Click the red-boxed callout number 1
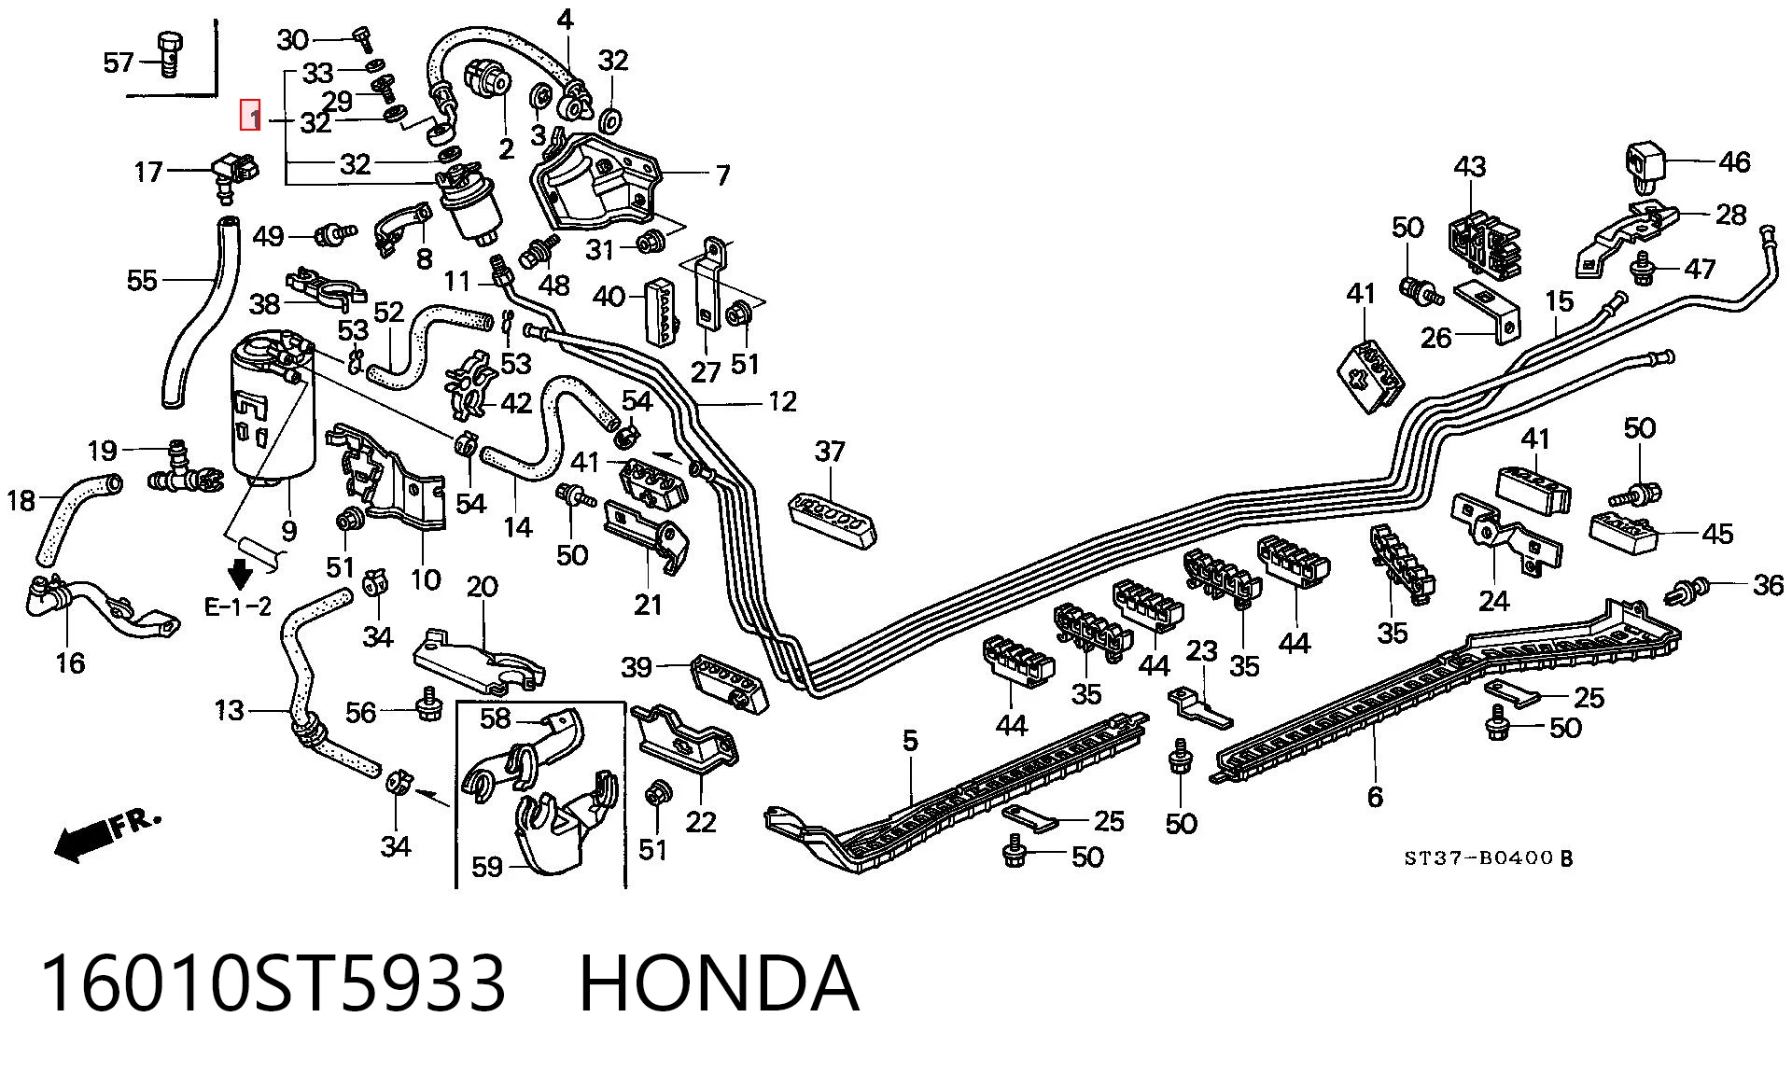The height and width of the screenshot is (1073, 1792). click(x=250, y=115)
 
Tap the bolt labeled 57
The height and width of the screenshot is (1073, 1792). click(x=170, y=55)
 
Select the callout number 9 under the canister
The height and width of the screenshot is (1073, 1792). click(x=289, y=531)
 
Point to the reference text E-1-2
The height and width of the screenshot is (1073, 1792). click(x=238, y=606)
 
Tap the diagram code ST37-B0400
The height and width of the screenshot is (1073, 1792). click(x=1480, y=858)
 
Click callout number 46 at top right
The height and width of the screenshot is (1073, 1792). click(x=1734, y=161)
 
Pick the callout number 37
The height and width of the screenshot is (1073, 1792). click(x=830, y=452)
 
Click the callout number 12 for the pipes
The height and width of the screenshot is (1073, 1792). click(x=782, y=401)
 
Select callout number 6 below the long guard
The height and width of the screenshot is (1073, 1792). click(x=1375, y=797)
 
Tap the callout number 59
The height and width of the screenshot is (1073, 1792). click(x=487, y=868)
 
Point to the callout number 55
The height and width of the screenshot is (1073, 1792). click(x=143, y=280)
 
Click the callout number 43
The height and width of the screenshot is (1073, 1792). click(x=1470, y=167)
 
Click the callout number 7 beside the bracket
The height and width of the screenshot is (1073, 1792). click(x=723, y=174)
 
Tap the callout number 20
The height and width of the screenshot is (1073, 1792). click(x=483, y=587)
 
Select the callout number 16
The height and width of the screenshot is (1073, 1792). click(x=71, y=663)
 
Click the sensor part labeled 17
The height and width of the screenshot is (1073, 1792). click(x=235, y=173)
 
